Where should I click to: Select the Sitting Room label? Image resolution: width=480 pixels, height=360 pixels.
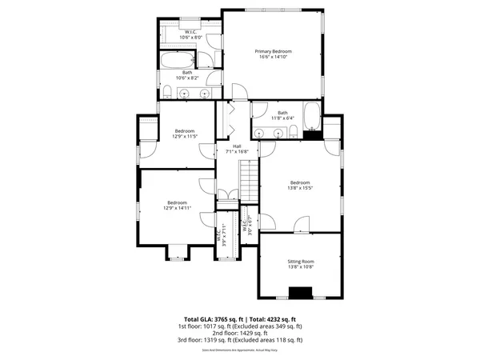coord(301,262)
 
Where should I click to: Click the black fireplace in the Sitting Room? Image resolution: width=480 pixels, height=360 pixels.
coord(301,293)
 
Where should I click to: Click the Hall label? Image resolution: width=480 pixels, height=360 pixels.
coord(238,146)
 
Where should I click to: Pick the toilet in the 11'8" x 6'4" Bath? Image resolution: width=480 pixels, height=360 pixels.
coord(294,130)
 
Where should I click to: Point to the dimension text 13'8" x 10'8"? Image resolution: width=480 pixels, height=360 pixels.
coord(301,268)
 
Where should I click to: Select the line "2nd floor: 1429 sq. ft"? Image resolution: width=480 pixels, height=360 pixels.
coord(240,334)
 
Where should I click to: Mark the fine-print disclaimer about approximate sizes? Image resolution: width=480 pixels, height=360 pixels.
coord(240,350)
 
